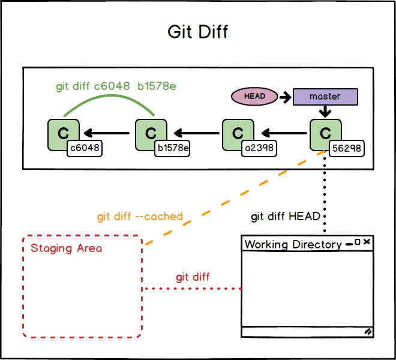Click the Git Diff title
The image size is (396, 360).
pos(197,31)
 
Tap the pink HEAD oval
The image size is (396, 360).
pos(254,96)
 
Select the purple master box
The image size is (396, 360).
pos(325,97)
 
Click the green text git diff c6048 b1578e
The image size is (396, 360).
pos(116,86)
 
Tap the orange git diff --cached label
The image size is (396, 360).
pos(140,216)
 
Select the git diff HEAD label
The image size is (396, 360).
pos(286,216)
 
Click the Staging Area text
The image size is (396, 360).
pos(66,248)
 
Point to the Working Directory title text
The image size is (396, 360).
pos(293,244)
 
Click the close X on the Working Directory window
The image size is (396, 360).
pos(367,242)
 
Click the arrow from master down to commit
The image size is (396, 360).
pos(325,112)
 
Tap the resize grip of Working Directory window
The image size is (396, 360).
pos(367,331)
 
